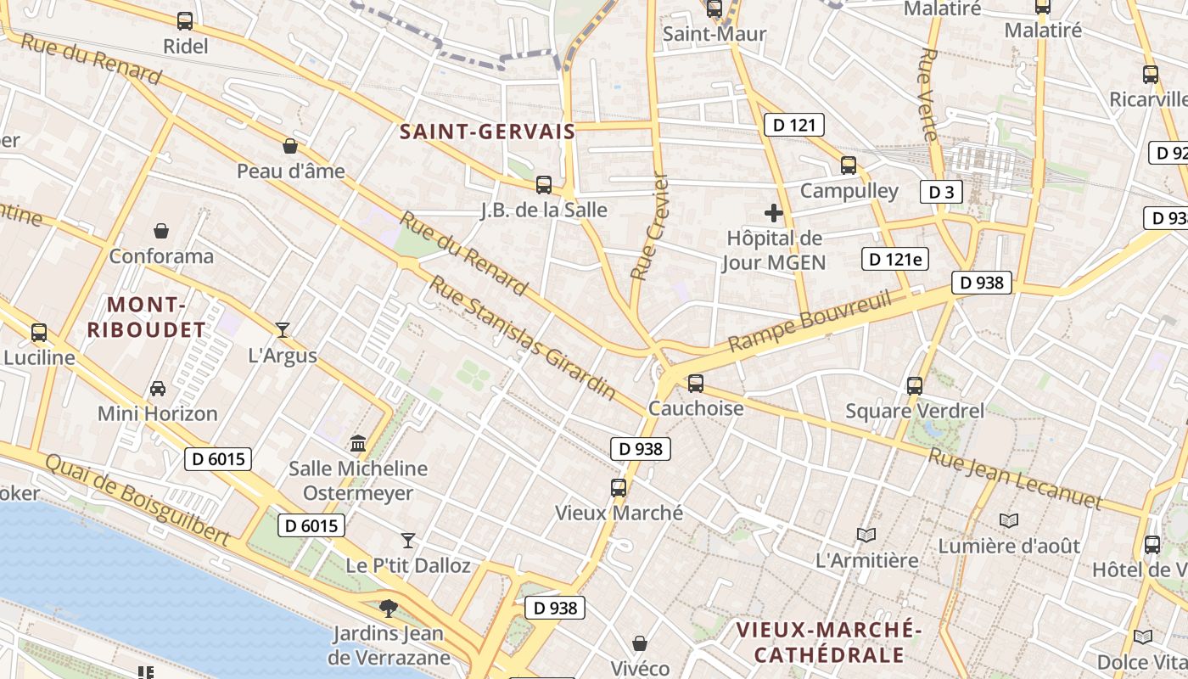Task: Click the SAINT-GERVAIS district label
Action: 487,132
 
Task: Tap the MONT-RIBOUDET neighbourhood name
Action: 147,317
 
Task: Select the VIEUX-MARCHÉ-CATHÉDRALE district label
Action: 829,643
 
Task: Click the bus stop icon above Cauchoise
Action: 696,384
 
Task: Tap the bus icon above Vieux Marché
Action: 619,488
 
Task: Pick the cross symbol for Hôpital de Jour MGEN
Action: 773,212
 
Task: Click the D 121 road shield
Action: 794,126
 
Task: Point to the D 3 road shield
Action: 941,192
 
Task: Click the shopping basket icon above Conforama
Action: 161,231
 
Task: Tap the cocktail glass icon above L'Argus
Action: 283,330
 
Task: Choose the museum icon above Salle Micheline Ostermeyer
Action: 358,444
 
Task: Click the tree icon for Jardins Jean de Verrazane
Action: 389,608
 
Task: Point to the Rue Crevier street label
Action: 651,227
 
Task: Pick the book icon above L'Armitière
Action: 866,535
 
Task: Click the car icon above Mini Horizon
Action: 158,389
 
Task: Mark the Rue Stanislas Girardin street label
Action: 522,337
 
